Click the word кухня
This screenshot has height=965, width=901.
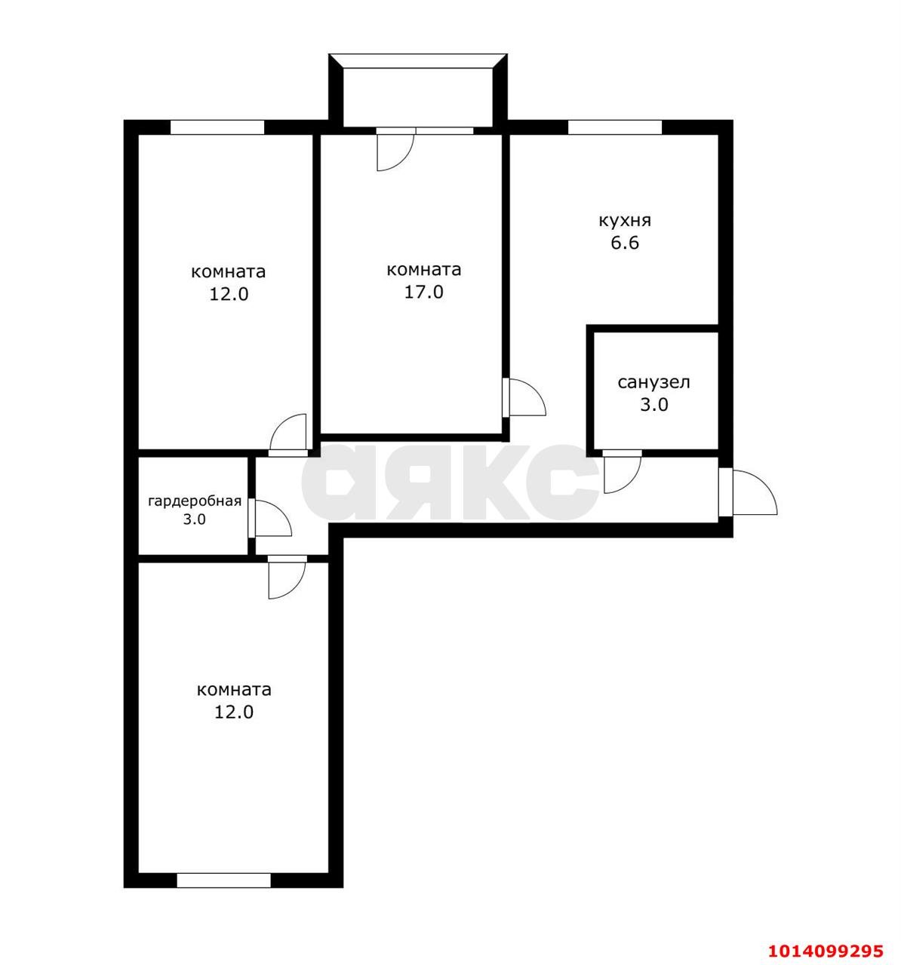pyautogui.click(x=624, y=221)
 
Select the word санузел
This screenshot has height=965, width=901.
pyautogui.click(x=653, y=382)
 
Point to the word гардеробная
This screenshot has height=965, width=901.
pyautogui.click(x=195, y=501)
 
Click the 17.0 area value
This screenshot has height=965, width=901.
pyautogui.click(x=423, y=292)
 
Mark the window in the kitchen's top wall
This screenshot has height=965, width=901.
pyautogui.click(x=614, y=127)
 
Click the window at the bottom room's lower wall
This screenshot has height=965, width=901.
pyautogui.click(x=223, y=880)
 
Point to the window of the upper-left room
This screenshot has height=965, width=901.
pyautogui.click(x=217, y=127)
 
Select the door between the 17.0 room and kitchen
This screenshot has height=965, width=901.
pyautogui.click(x=524, y=397)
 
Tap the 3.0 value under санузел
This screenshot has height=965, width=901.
pyautogui.click(x=653, y=405)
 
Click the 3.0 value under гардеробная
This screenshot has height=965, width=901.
pyautogui.click(x=195, y=519)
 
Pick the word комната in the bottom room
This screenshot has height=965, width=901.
pyautogui.click(x=234, y=689)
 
